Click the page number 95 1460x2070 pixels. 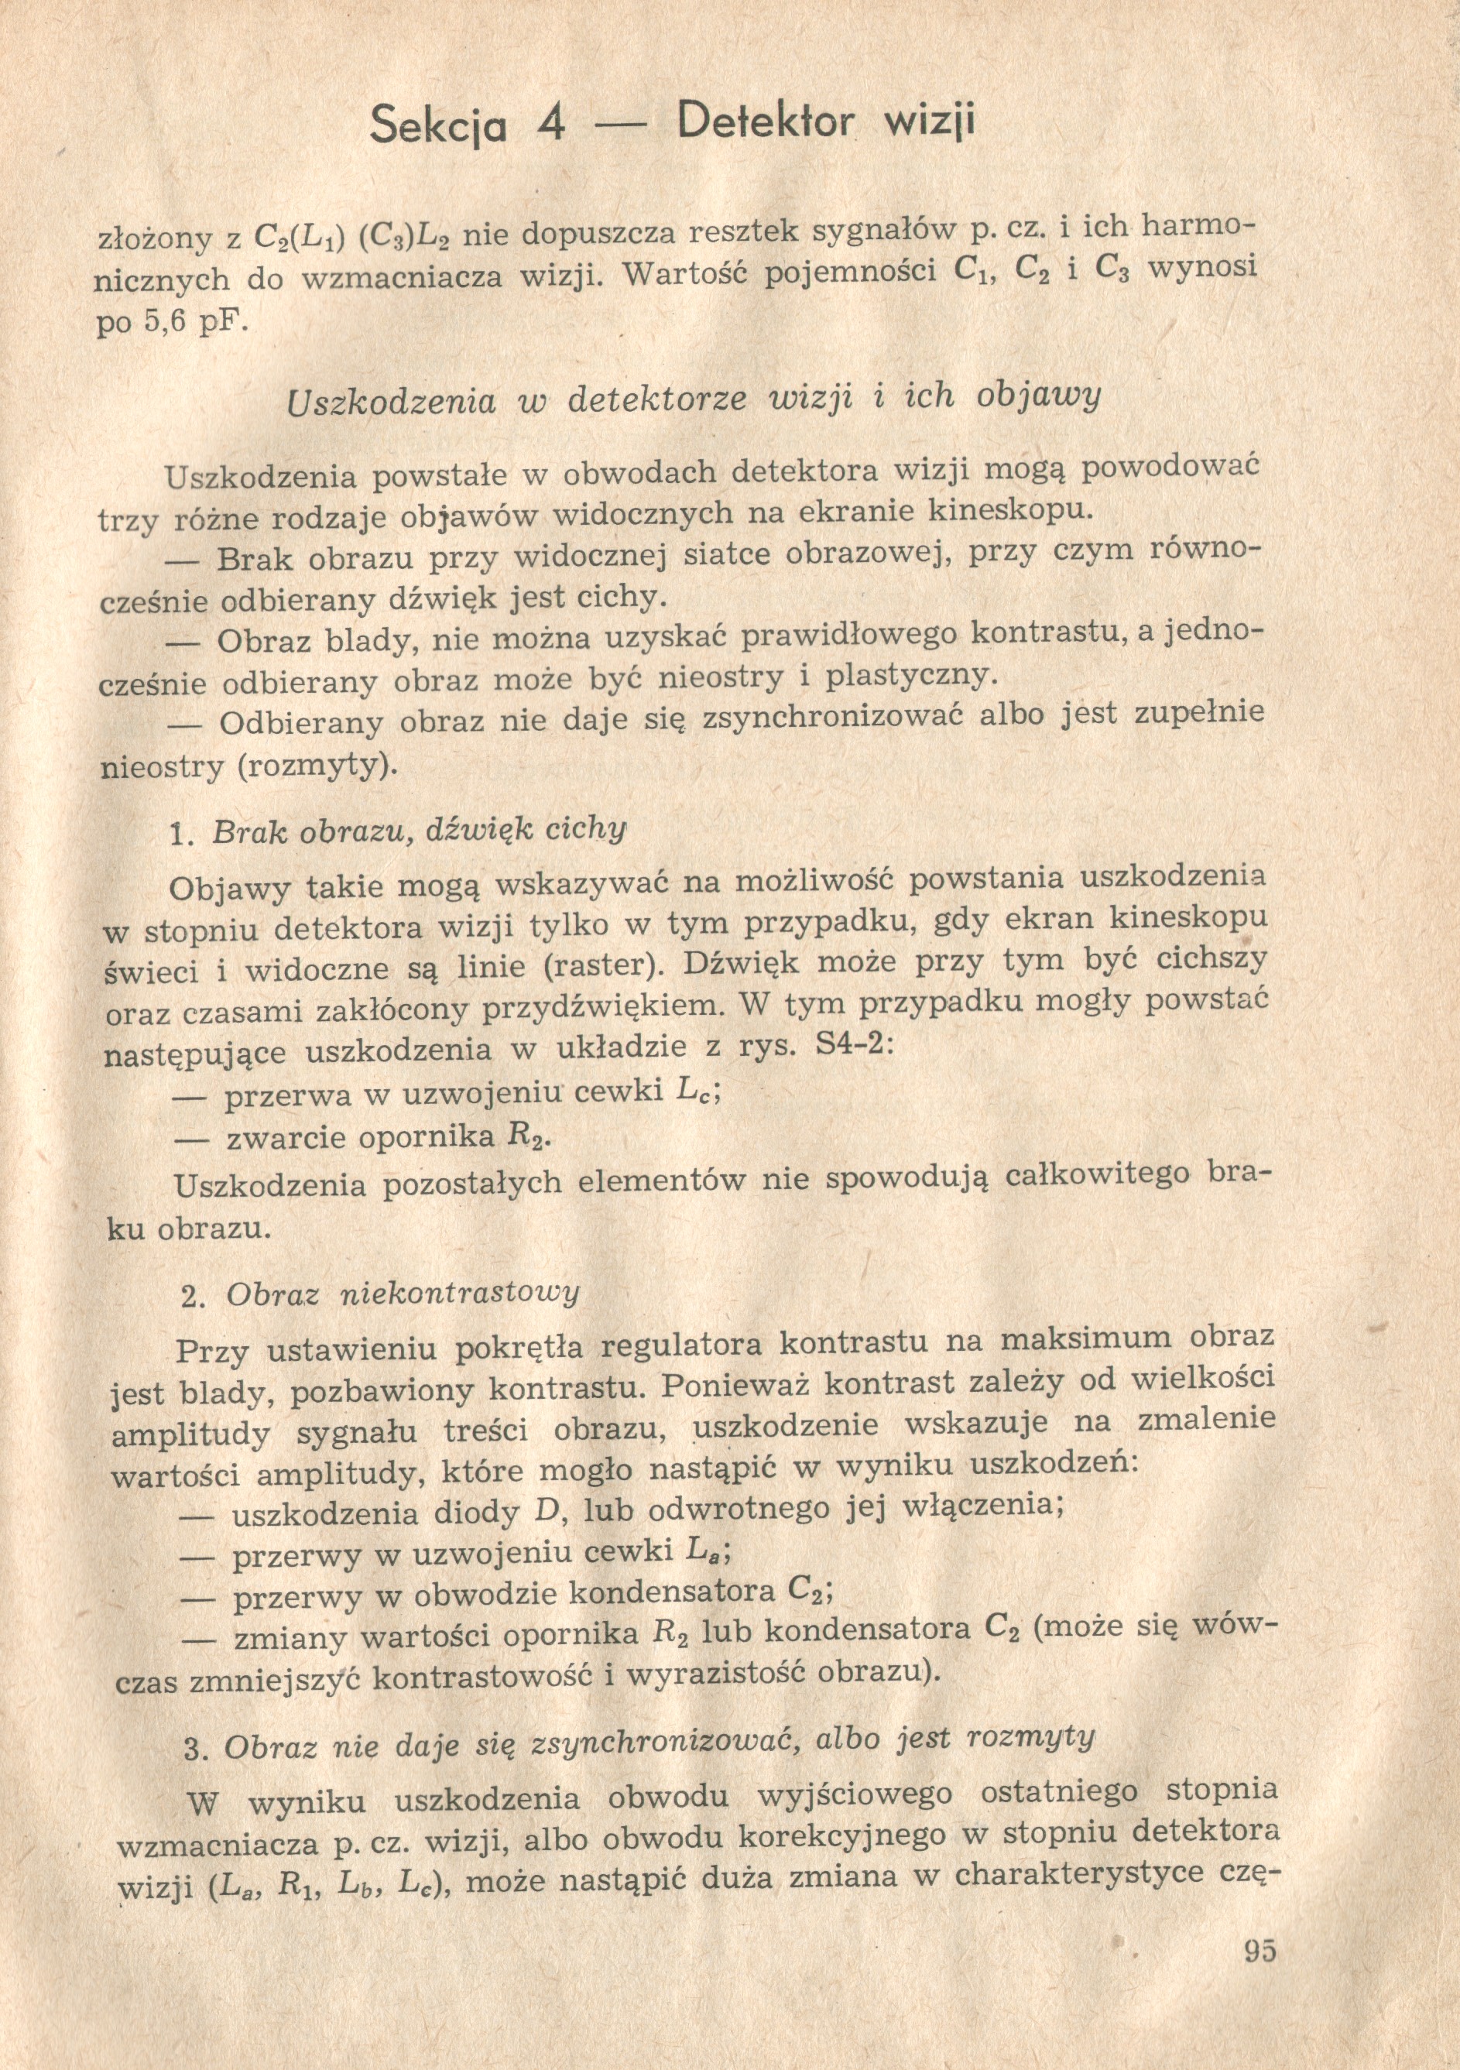1260,1946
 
